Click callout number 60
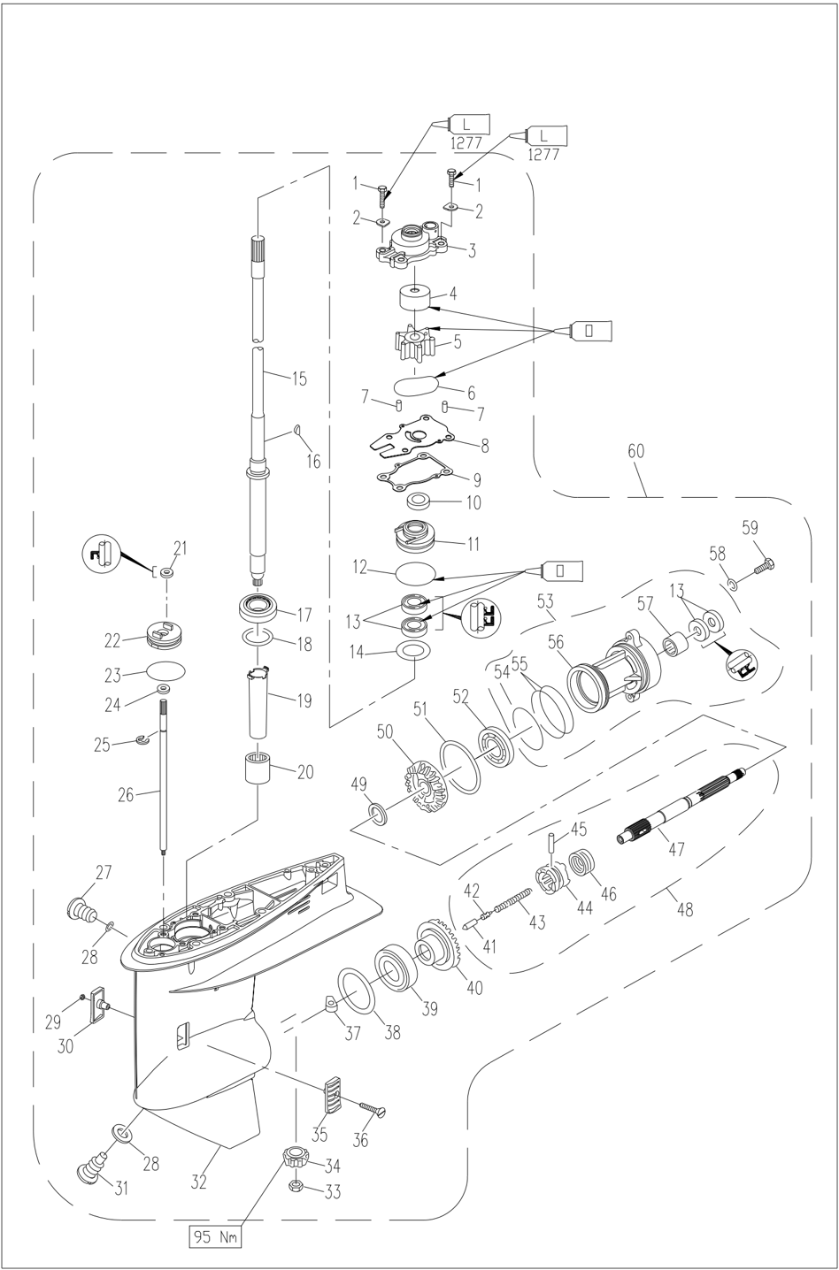pos(636,450)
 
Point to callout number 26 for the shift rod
pos(126,795)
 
